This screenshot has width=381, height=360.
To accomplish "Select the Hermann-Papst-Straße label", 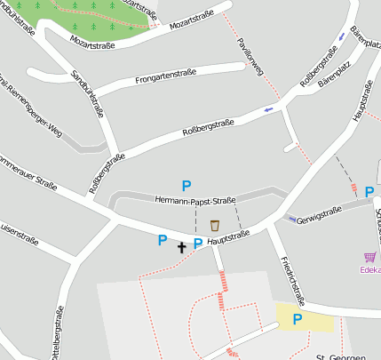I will [x=194, y=201].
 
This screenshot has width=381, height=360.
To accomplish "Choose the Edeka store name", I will [x=370, y=269].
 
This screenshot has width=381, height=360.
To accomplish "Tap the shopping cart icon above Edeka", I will [x=369, y=256].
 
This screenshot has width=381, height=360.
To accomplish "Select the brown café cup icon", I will [x=214, y=225].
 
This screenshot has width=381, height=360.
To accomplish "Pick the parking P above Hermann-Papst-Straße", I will [x=187, y=186].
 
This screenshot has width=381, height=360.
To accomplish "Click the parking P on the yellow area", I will [x=298, y=319].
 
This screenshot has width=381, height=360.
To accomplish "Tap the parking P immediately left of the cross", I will [x=163, y=240].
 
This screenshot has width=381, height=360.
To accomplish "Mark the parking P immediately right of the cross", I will [x=198, y=244].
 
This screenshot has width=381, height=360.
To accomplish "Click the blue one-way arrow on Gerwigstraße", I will [x=291, y=219].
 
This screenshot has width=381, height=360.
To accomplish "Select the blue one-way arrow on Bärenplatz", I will [x=342, y=37].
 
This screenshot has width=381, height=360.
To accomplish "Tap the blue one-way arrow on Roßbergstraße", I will [x=268, y=110].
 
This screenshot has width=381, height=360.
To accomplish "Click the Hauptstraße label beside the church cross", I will [x=228, y=237].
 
